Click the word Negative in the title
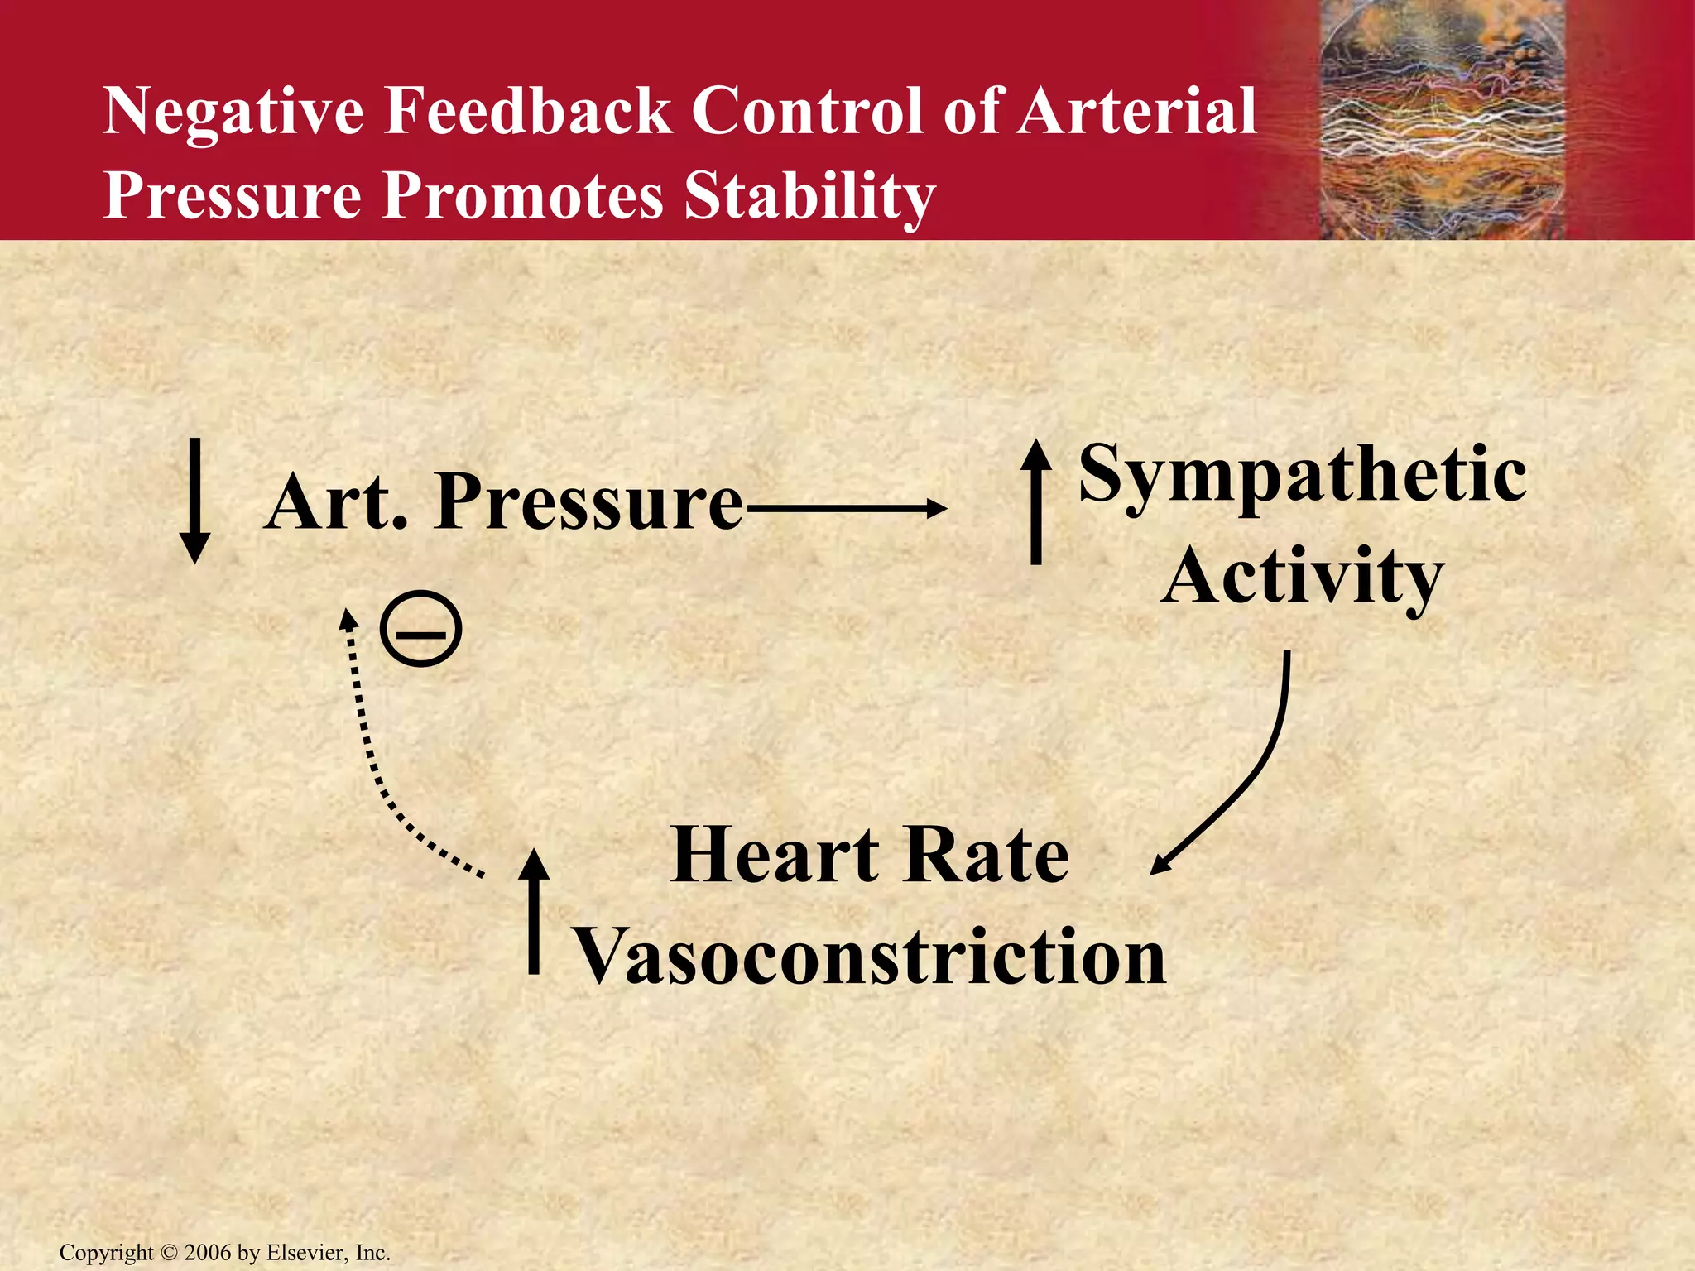(233, 112)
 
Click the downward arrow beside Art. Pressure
(195, 501)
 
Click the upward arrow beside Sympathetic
(1035, 501)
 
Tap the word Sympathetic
(1303, 475)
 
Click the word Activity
(1301, 577)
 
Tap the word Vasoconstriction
(869, 957)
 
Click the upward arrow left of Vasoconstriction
(534, 910)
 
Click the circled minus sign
(420, 629)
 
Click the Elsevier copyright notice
(224, 1253)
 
